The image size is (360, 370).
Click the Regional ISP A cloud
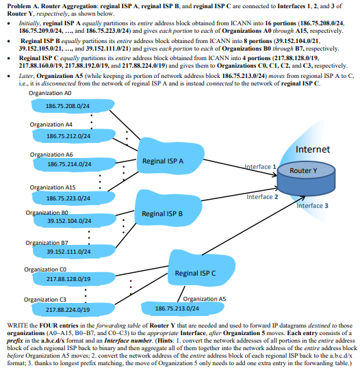click(163, 161)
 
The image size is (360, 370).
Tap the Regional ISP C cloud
click(195, 273)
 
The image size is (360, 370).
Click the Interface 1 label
click(259, 166)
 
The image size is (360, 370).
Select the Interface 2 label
click(261, 197)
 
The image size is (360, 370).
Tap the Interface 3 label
click(311, 205)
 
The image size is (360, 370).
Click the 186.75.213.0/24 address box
click(167, 308)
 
